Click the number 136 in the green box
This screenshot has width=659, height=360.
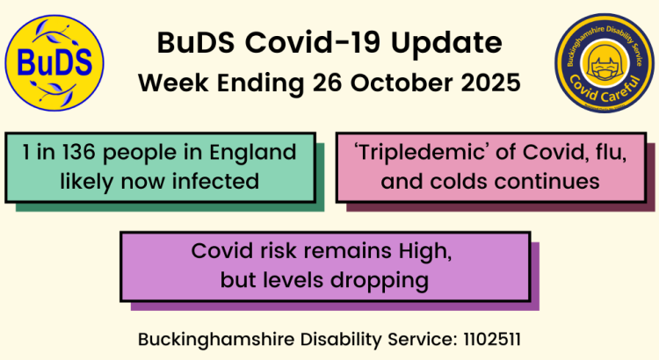click(x=62, y=153)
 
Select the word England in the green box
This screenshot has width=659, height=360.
click(x=257, y=153)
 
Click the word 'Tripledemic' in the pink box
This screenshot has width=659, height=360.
click(x=416, y=153)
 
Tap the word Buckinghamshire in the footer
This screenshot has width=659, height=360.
click(x=207, y=338)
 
